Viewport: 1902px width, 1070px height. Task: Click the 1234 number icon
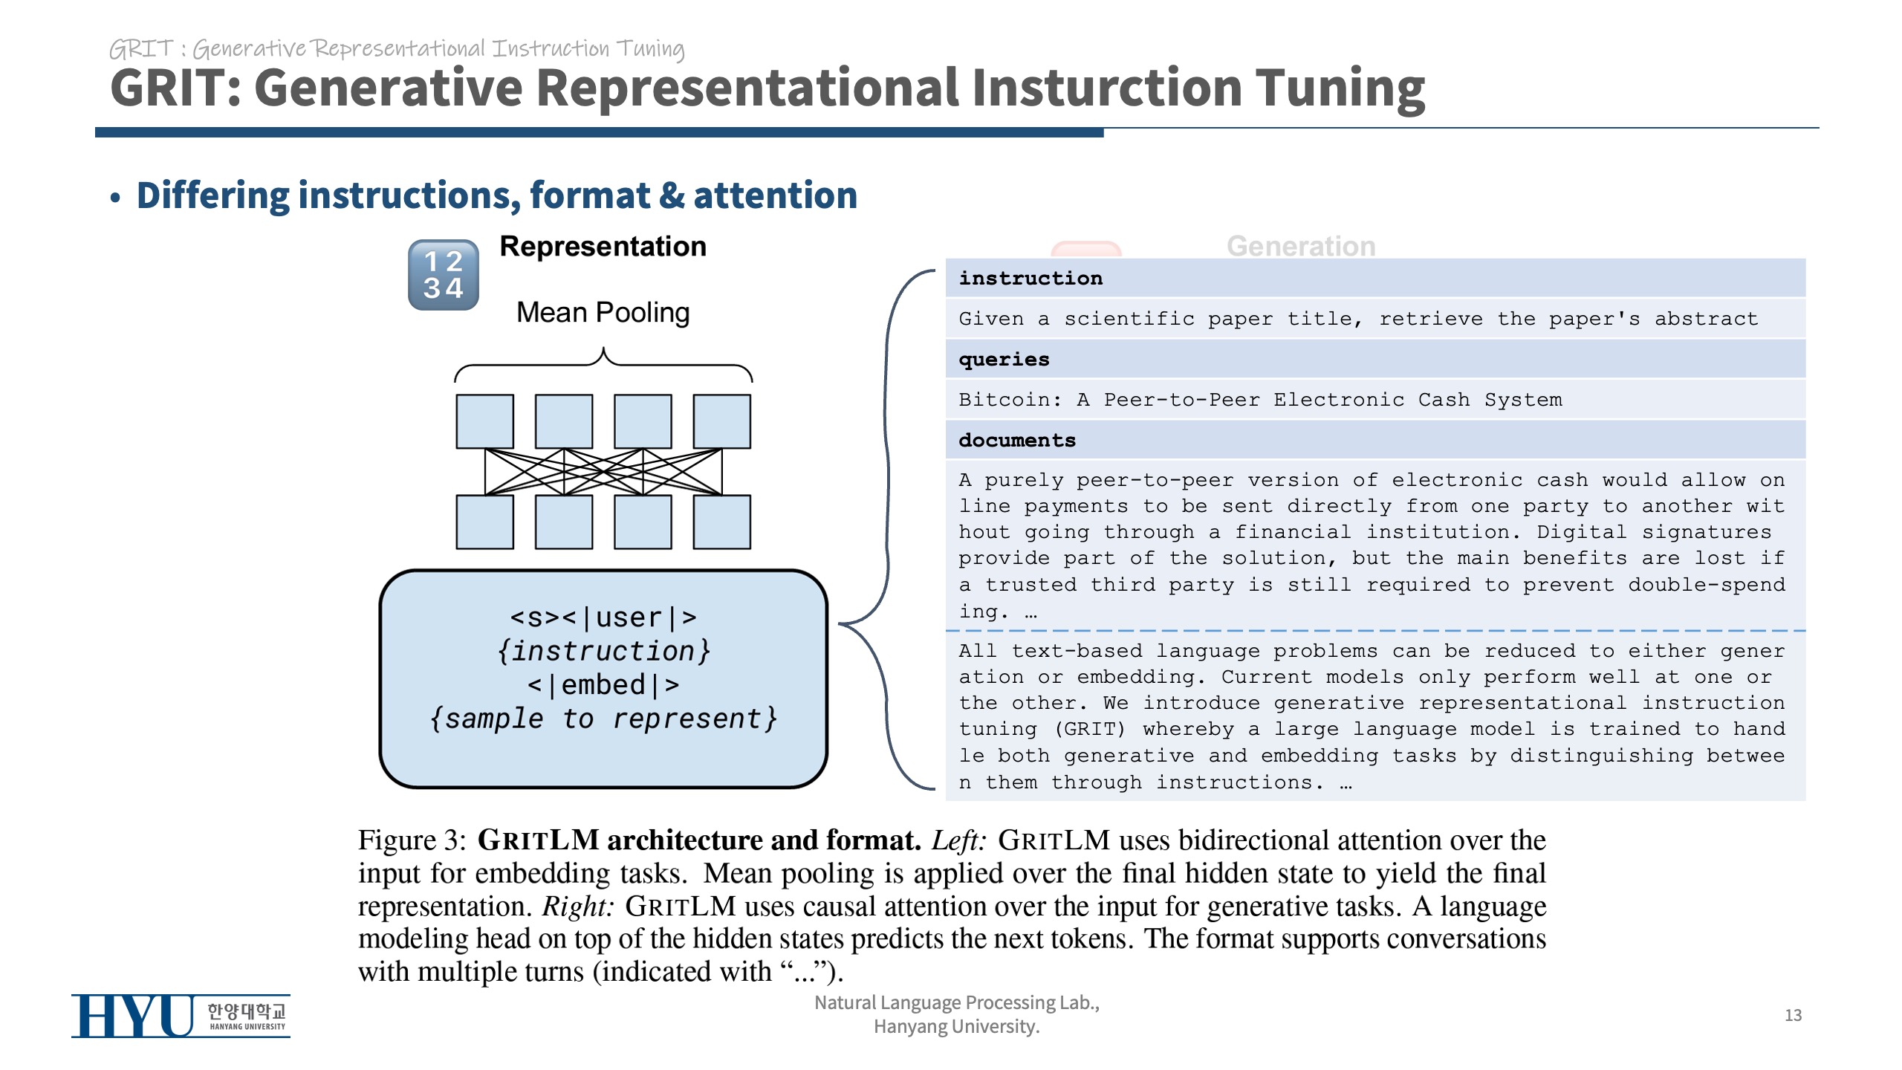(x=443, y=275)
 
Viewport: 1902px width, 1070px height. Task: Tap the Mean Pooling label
(x=603, y=313)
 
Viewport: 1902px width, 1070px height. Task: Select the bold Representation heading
(x=603, y=247)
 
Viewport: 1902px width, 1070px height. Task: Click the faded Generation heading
(x=1301, y=247)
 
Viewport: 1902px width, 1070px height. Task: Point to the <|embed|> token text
(x=603, y=685)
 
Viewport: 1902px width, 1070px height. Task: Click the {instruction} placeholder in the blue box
(x=603, y=652)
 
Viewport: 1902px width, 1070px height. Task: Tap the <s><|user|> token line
(x=603, y=617)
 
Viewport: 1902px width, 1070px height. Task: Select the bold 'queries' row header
(x=1004, y=360)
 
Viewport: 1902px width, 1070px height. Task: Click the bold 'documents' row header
(x=1016, y=441)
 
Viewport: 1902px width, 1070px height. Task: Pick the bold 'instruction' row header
(x=1030, y=279)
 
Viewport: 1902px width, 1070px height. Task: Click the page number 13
(x=1793, y=1016)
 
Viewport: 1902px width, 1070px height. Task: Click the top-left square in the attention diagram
(x=484, y=421)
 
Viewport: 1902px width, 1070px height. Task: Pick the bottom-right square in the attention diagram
(x=721, y=522)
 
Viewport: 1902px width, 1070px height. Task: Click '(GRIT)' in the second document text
(x=1089, y=730)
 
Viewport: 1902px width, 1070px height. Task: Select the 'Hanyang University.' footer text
(x=956, y=1027)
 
